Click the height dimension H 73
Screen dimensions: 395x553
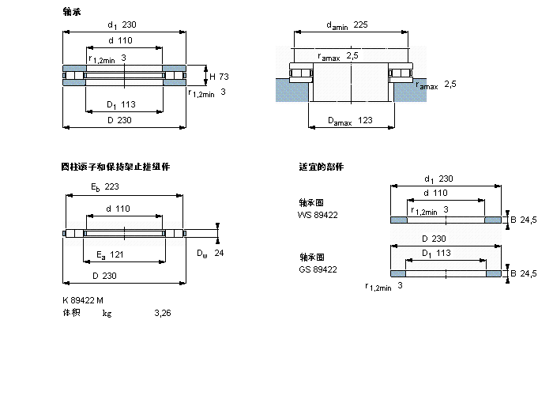219,77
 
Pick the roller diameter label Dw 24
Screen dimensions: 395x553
210,253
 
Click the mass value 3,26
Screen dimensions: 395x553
162,313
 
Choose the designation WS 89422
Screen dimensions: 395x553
318,214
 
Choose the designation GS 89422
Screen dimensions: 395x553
318,269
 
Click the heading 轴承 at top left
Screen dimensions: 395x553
71,12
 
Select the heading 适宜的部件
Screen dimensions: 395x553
321,167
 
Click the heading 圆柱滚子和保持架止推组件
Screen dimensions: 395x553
115,167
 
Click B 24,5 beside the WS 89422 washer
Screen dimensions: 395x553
524,220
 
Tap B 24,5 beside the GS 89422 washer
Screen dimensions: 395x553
524,273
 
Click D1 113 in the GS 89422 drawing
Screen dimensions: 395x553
436,253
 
